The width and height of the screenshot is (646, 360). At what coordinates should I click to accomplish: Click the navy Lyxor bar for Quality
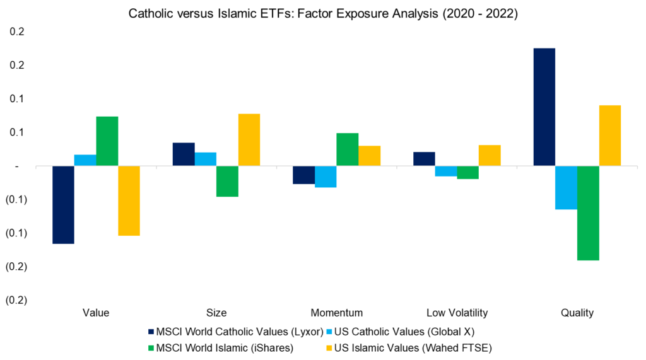tap(544, 107)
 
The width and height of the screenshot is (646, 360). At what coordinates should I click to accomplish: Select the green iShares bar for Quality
tap(588, 213)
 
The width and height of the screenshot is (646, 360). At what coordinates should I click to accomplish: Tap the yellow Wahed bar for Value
tap(129, 200)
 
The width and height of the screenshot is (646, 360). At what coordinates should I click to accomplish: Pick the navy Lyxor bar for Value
tap(63, 205)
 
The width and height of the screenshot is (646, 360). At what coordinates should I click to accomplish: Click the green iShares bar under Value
tap(107, 141)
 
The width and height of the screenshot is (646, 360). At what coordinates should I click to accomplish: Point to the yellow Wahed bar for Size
tap(249, 140)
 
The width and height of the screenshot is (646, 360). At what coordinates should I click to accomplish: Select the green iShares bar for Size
tap(227, 182)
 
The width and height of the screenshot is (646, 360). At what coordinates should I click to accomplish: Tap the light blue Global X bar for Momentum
tap(326, 177)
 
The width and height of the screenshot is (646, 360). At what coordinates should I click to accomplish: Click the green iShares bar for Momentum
tap(347, 149)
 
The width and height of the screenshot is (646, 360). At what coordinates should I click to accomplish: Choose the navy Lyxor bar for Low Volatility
tap(424, 159)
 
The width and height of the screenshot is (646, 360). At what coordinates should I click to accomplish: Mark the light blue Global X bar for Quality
tap(566, 187)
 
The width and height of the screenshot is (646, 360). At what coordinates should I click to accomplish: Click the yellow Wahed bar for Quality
tap(610, 136)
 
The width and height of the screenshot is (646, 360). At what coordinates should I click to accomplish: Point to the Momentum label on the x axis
tap(336, 313)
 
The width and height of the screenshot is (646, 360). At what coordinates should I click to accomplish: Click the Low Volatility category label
tap(457, 313)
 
